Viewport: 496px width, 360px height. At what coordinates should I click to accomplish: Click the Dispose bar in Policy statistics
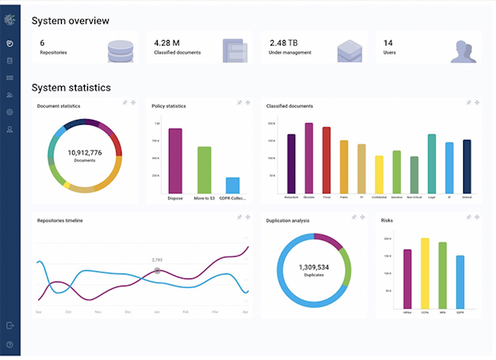175,160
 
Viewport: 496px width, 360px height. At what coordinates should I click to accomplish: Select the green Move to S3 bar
204,170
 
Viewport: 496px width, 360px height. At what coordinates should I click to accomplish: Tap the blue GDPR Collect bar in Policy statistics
233,185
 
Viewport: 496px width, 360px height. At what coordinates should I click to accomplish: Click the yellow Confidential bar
379,174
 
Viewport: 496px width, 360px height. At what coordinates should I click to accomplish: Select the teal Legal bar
432,163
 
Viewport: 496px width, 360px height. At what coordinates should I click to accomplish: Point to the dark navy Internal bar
467,166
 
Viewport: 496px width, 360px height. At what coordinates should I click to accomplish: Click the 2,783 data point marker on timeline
157,270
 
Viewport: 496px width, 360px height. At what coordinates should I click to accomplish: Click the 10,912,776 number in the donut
84,151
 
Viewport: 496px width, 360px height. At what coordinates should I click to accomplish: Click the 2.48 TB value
283,42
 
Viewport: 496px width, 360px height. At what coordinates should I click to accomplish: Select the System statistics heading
71,88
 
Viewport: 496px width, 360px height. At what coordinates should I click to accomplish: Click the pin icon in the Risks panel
469,218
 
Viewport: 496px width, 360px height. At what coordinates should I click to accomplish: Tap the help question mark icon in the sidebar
10,344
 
